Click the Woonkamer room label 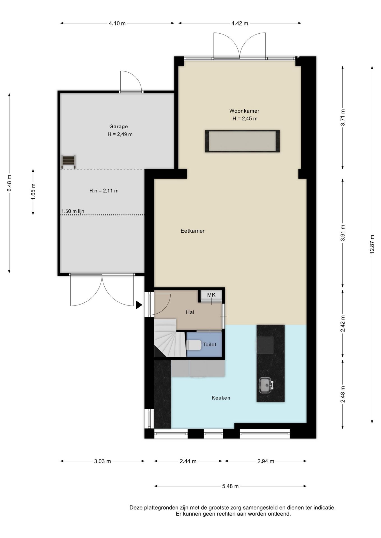pyautogui.click(x=244, y=111)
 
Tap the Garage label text pyautogui.click(x=119, y=127)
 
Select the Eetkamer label pyautogui.click(x=192, y=231)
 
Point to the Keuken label pyautogui.click(x=221, y=398)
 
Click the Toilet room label pyautogui.click(x=210, y=345)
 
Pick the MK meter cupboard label pyautogui.click(x=211, y=295)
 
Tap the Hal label pyautogui.click(x=190, y=312)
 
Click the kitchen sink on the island pyautogui.click(x=265, y=385)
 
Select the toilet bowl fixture pyautogui.click(x=194, y=345)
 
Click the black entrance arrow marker pyautogui.click(x=139, y=305)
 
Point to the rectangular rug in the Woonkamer pyautogui.click(x=242, y=141)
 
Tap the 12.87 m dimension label pyautogui.click(x=372, y=244)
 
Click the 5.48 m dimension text pyautogui.click(x=230, y=486)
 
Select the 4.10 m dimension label pyautogui.click(x=117, y=24)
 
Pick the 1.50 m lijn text pyautogui.click(x=73, y=211)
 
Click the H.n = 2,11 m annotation pyautogui.click(x=104, y=191)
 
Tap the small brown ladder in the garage pyautogui.click(x=68, y=161)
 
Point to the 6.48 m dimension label pyautogui.click(x=9, y=183)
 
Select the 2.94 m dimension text pyautogui.click(x=266, y=461)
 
